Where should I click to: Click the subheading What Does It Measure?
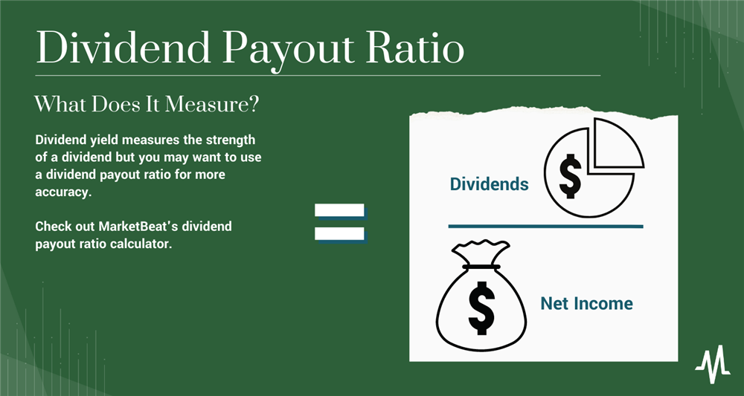coord(147,105)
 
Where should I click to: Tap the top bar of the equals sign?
coord(339,210)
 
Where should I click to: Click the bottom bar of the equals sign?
coord(339,233)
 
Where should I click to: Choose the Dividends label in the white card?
coord(489,184)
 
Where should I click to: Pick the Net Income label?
coord(586,303)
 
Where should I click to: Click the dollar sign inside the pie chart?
coord(571,176)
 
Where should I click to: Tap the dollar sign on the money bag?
coord(481,307)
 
